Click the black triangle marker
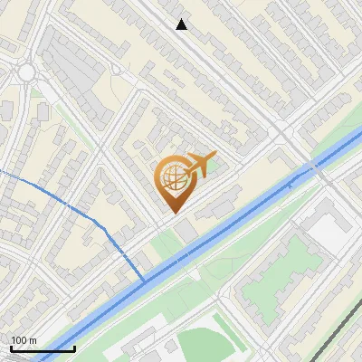pyautogui.click(x=182, y=24)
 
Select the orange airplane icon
pyautogui.click(x=200, y=165)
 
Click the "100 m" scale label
pyautogui.click(x=24, y=339)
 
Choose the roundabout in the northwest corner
pyautogui.click(x=25, y=71)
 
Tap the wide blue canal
pyautogui.click(x=226, y=226)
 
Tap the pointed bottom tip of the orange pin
pyautogui.click(x=173, y=213)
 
